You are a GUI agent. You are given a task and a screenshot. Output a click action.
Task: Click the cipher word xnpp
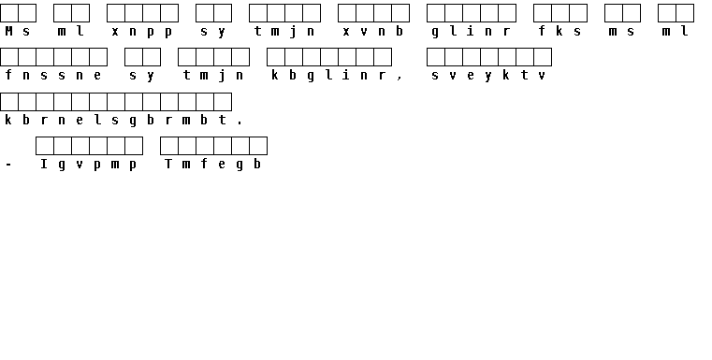tap(142, 32)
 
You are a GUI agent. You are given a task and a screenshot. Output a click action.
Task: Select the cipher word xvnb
tap(373, 31)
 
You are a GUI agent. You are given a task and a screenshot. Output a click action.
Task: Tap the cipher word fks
tap(559, 31)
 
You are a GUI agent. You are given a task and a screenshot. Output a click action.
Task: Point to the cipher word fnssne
tap(53, 75)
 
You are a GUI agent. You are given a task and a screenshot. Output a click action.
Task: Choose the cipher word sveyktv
tap(489, 76)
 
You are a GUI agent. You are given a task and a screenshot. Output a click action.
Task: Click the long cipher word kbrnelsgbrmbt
tap(115, 120)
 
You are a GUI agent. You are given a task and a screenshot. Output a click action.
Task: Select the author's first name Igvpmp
tap(89, 165)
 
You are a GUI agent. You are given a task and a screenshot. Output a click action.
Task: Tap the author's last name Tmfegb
tap(213, 165)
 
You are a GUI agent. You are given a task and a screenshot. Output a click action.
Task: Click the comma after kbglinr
tap(400, 79)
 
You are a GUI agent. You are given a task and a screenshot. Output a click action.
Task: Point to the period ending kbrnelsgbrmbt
tap(240, 122)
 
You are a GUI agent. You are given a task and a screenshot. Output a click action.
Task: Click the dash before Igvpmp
tap(8, 165)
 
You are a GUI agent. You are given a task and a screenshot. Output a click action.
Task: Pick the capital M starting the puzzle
tap(8, 31)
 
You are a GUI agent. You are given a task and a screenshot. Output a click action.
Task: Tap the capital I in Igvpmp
tap(44, 164)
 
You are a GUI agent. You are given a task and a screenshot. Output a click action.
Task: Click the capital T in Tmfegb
tap(168, 164)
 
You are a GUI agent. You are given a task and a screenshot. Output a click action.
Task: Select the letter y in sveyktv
tap(488, 77)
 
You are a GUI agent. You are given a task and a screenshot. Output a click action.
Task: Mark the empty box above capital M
tap(9, 13)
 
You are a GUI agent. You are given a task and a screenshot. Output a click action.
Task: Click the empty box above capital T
tap(169, 146)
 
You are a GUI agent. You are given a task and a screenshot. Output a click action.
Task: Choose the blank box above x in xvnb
tap(347, 13)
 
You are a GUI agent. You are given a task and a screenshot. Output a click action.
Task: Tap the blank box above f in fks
tap(542, 13)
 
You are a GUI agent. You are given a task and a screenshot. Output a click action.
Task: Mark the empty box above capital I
tap(45, 146)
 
